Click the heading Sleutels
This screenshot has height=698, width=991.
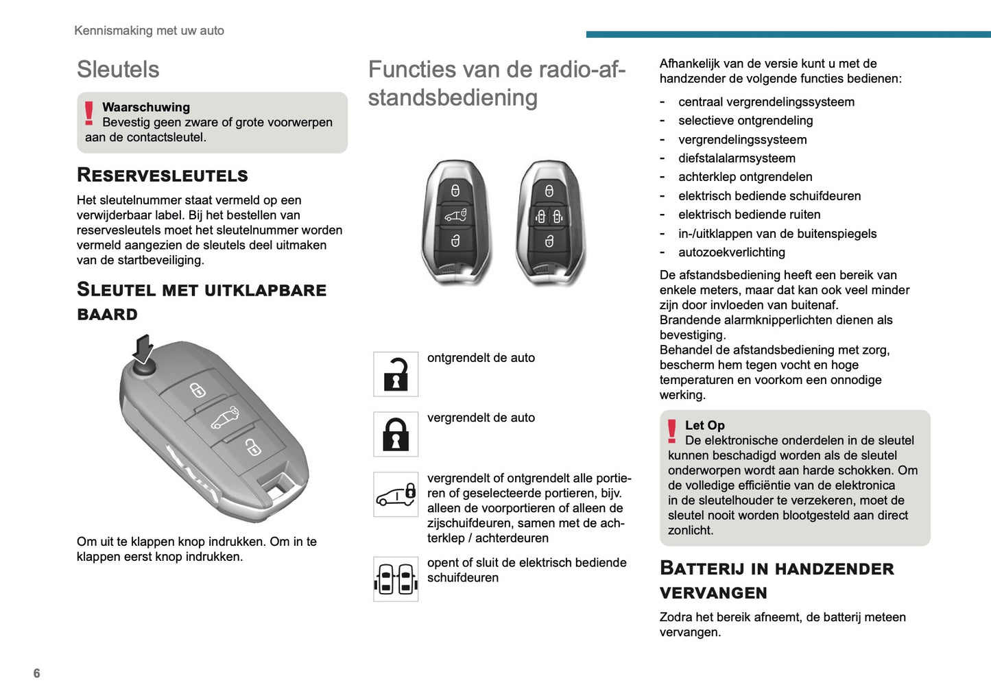pyautogui.click(x=118, y=69)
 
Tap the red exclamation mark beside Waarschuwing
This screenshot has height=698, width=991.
pyautogui.click(x=89, y=113)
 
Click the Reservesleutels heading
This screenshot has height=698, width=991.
pyautogui.click(x=163, y=175)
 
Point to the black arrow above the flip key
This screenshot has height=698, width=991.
pyautogui.click(x=143, y=348)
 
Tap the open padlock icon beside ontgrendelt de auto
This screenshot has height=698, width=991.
pyautogui.click(x=396, y=374)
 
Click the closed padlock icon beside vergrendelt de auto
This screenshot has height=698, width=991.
pyautogui.click(x=396, y=434)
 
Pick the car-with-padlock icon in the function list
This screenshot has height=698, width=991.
pyautogui.click(x=396, y=494)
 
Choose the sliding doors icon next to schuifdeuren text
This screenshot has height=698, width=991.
pyautogui.click(x=396, y=579)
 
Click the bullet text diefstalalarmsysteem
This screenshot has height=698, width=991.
pyautogui.click(x=737, y=158)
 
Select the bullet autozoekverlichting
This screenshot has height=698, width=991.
pyautogui.click(x=731, y=252)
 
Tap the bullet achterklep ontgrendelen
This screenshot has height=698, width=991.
pyautogui.click(x=745, y=177)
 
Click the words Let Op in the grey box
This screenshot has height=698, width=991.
pyautogui.click(x=704, y=425)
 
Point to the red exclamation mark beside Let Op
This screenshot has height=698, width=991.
pyautogui.click(x=672, y=431)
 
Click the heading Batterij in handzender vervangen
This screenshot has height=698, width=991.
pyautogui.click(x=776, y=580)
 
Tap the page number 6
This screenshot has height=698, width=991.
pyautogui.click(x=36, y=673)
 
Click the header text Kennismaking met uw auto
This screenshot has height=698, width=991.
pyautogui.click(x=149, y=30)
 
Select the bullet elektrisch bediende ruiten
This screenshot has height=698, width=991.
pyautogui.click(x=749, y=215)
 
